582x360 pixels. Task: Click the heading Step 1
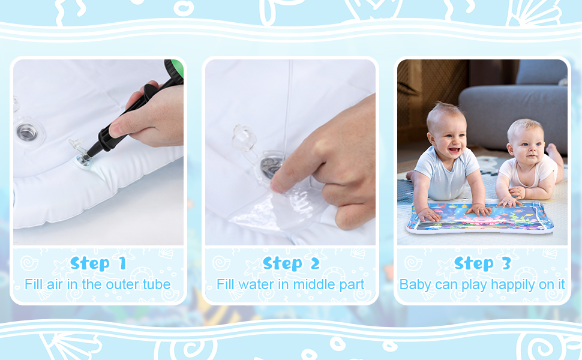click(x=98, y=263)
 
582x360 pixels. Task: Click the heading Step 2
click(x=290, y=263)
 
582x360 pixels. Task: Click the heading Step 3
click(x=482, y=263)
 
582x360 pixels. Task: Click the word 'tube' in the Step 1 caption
click(x=155, y=284)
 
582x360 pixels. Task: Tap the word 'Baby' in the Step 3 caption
click(x=415, y=284)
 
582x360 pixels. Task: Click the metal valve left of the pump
click(x=26, y=132)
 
